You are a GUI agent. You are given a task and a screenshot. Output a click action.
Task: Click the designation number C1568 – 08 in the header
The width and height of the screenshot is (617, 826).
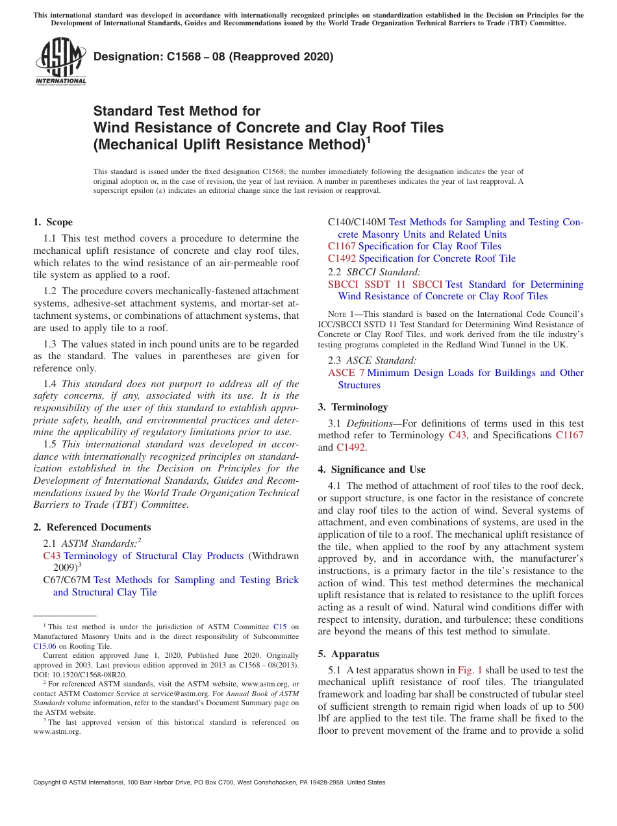(x=214, y=56)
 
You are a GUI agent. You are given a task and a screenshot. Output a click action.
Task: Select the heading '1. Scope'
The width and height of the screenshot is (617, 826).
(x=53, y=222)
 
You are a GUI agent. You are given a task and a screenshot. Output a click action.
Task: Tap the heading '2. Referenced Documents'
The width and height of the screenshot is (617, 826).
(x=92, y=527)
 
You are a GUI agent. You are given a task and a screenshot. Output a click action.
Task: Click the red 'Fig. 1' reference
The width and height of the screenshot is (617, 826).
(x=470, y=670)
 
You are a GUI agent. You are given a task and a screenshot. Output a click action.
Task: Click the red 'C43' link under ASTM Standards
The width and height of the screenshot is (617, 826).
(x=51, y=556)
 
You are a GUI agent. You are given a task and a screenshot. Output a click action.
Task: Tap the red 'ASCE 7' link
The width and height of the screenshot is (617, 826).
(x=341, y=373)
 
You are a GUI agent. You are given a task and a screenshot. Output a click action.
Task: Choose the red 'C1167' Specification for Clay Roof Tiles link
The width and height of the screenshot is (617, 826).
(x=342, y=246)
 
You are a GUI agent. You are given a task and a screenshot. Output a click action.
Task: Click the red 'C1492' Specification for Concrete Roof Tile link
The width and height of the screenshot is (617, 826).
(x=342, y=258)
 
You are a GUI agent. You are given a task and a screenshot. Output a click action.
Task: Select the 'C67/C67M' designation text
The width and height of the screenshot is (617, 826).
(x=66, y=580)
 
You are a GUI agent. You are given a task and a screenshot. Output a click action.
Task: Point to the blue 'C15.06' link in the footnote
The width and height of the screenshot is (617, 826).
(x=44, y=646)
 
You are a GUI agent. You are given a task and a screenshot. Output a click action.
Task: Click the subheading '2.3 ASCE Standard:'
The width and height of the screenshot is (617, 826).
(x=372, y=360)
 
